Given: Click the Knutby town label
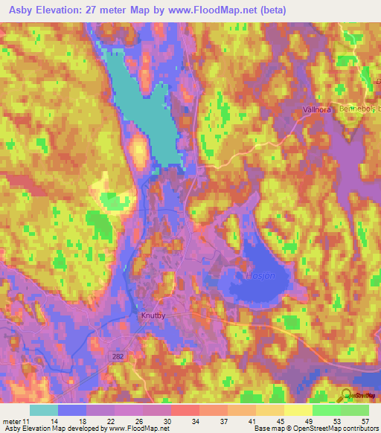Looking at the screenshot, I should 153,315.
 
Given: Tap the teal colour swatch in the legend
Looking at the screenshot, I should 44,410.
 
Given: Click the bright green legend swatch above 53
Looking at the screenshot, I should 327,410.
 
